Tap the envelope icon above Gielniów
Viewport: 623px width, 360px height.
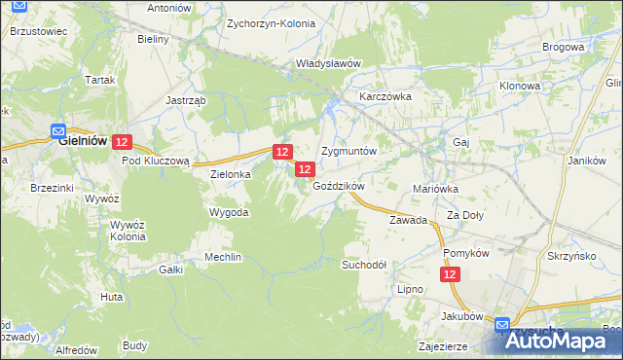tap(58, 128)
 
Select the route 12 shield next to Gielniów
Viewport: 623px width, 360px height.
tap(122, 142)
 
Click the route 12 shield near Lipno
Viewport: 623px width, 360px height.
tap(450, 276)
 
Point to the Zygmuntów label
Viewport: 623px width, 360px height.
tap(348, 153)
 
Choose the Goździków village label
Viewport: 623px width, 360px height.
tap(338, 186)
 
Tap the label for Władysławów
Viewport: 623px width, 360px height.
tap(329, 64)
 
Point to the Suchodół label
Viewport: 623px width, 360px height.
tap(364, 265)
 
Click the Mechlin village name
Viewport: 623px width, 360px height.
tap(222, 258)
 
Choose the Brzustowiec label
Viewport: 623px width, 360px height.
tap(38, 31)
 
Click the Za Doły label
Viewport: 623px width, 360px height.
tap(465, 215)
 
